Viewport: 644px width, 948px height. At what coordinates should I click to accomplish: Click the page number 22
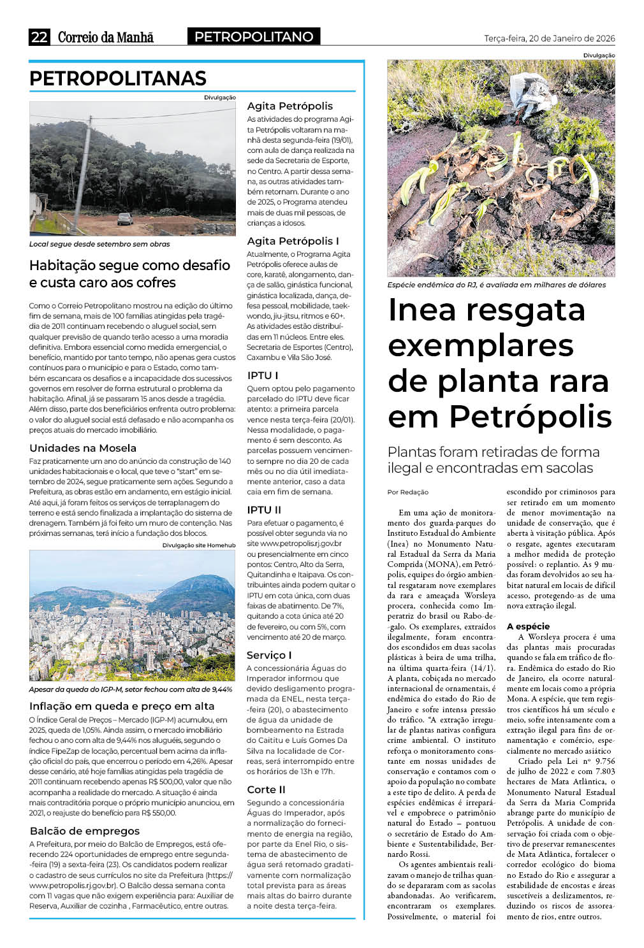coord(39,37)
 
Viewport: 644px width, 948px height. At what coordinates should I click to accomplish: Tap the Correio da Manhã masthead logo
coord(105,38)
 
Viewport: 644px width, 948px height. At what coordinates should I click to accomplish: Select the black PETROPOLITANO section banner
coord(254,37)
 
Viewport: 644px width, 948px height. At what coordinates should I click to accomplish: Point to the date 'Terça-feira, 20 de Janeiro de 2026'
coord(549,38)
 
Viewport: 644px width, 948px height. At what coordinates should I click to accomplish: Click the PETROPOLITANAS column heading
coord(118,78)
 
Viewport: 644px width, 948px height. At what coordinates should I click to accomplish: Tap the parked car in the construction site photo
coord(125,219)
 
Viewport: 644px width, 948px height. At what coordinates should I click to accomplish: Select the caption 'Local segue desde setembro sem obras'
coord(99,244)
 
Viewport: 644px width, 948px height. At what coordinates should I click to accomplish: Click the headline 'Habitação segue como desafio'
coord(129,266)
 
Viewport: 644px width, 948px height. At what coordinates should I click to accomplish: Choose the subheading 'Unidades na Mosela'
coord(83,448)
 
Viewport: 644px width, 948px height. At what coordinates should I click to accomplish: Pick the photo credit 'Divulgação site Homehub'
coord(198,545)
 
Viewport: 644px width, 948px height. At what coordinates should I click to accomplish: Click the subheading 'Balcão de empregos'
coord(84,831)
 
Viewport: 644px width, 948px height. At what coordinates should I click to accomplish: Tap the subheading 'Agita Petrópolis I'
coord(293,241)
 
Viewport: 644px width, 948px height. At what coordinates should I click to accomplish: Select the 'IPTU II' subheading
coord(264,510)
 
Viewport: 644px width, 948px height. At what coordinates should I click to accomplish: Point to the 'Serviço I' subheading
coord(269,655)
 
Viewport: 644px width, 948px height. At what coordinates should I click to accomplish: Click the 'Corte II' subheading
coord(266,789)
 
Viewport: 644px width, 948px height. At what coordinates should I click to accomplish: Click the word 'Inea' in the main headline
coord(422,310)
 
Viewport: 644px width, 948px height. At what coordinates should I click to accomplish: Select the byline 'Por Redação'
coord(408,492)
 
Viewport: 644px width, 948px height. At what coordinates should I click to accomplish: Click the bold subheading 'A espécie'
coord(528,626)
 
